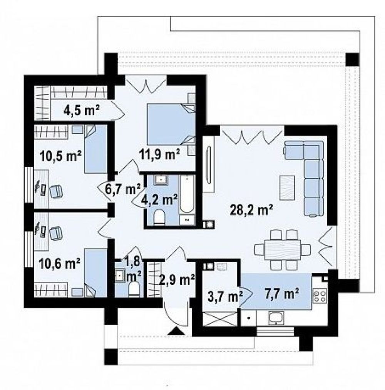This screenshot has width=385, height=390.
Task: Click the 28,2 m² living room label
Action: click(x=251, y=210)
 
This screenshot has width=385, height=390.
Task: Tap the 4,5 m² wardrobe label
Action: click(x=82, y=110)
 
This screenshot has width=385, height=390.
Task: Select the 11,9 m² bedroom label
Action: click(x=159, y=154)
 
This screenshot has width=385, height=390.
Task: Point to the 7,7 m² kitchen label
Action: click(x=279, y=293)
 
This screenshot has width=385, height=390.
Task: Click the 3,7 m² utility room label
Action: click(x=225, y=296)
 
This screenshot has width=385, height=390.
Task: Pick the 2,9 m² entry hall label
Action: click(x=177, y=280)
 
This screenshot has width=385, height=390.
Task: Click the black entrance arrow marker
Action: click(x=176, y=330)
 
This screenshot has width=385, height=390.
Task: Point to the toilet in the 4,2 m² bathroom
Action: click(x=159, y=217)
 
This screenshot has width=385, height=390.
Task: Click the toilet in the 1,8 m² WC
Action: click(x=135, y=289)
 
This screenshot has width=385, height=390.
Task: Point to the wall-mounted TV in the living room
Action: click(x=208, y=165)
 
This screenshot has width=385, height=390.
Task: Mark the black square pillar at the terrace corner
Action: click(x=352, y=60)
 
